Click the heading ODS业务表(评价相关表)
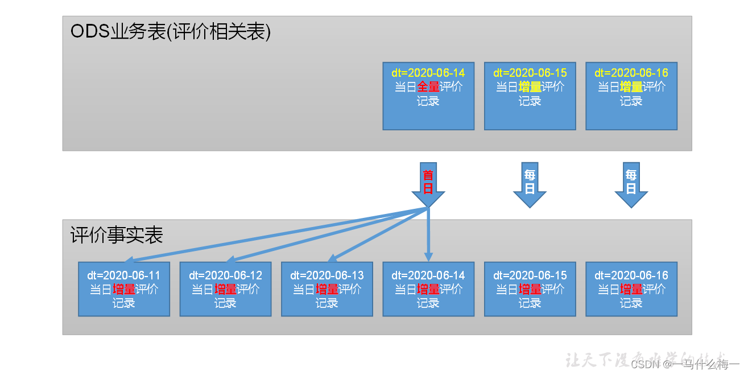click(170, 32)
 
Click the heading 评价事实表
click(117, 235)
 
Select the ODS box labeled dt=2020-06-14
click(428, 96)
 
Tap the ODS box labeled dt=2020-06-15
click(530, 96)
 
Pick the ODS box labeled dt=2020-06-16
click(631, 96)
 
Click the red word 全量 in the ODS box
click(428, 87)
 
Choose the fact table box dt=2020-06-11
click(124, 289)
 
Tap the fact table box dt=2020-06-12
click(225, 289)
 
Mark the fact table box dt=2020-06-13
click(327, 289)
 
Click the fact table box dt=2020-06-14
click(428, 289)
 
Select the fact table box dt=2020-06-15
click(530, 289)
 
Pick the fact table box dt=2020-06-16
click(631, 289)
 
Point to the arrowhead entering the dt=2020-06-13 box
click(334, 257)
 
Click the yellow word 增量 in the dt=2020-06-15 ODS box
click(530, 87)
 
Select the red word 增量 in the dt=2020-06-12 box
click(226, 289)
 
